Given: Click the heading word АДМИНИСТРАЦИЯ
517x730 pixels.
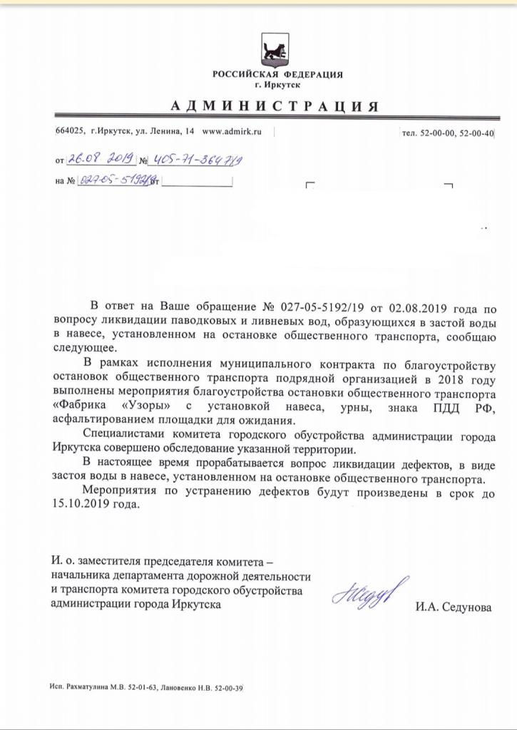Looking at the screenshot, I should click(x=274, y=107).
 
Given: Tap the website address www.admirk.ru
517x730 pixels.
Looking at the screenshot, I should click(x=233, y=132).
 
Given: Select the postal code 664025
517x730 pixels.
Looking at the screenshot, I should click(x=70, y=132).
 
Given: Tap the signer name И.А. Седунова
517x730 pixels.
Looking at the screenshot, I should click(x=453, y=607).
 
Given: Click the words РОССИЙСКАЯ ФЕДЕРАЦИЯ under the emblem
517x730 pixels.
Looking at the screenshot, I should click(x=277, y=75).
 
